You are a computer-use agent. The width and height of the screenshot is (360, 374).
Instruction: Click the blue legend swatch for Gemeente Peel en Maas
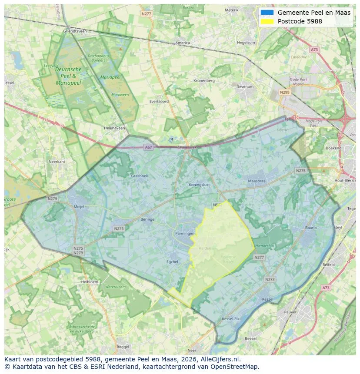click(267, 13)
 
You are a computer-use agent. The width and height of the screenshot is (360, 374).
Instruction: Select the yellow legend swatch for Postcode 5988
click(267, 21)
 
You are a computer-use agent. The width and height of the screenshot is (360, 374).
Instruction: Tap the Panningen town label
click(185, 234)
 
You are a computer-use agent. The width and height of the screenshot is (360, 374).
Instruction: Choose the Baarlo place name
click(311, 228)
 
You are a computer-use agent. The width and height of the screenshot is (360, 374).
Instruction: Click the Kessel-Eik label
click(230, 319)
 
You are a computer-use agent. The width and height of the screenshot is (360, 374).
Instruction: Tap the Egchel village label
click(173, 261)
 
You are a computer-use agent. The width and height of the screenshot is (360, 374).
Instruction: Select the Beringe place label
click(147, 219)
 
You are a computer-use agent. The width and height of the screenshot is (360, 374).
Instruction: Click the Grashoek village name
click(140, 176)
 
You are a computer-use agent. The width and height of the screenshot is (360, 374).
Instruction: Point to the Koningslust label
click(200, 184)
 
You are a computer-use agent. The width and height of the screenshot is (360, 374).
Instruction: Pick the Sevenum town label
click(245, 86)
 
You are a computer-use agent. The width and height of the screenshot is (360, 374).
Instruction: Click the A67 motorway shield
click(149, 147)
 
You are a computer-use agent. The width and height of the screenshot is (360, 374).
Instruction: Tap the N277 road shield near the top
click(147, 14)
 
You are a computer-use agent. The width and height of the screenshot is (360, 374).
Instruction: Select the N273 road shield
click(270, 279)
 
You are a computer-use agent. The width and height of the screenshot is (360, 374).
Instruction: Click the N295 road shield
click(285, 92)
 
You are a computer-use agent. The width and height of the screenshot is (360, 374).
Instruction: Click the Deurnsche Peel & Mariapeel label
click(68, 76)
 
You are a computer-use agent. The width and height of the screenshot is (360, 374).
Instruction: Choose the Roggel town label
click(123, 347)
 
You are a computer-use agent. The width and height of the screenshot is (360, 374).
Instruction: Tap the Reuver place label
click(290, 312)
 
